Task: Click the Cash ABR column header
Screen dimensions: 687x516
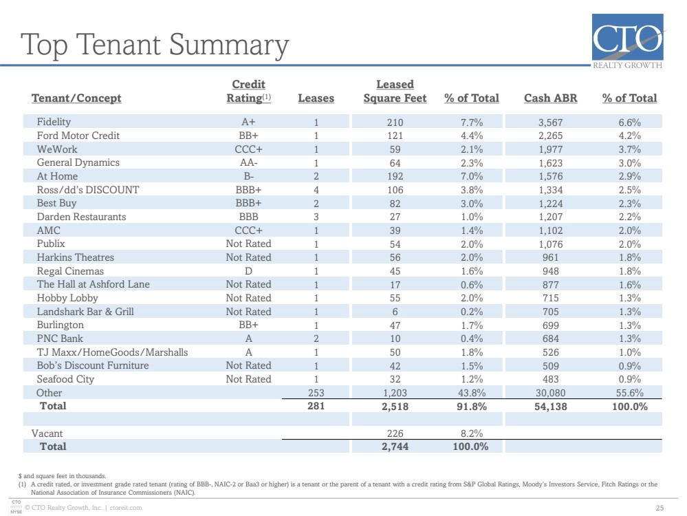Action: click(x=550, y=98)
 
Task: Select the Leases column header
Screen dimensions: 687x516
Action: click(x=316, y=98)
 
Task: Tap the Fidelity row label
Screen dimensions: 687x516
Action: click(x=54, y=122)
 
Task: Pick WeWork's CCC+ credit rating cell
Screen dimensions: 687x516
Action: click(x=248, y=149)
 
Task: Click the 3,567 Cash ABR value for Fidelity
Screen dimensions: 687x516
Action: click(x=550, y=122)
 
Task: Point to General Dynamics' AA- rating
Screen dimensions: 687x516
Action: click(x=248, y=162)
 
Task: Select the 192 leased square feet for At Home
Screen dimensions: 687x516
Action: click(x=395, y=176)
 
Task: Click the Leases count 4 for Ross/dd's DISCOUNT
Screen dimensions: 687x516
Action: click(x=316, y=190)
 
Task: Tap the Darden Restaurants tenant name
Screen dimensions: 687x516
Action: click(x=81, y=217)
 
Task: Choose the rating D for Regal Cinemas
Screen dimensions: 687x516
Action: click(x=248, y=271)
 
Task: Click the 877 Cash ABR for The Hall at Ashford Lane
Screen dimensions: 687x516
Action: click(x=550, y=285)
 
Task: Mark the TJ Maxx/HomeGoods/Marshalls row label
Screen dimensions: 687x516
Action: click(x=112, y=352)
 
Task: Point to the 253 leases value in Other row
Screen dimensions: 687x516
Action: click(x=316, y=393)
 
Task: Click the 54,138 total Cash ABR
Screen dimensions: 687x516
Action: click(x=550, y=407)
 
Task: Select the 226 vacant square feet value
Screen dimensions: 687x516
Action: click(x=395, y=433)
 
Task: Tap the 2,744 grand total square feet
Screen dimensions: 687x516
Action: click(x=395, y=447)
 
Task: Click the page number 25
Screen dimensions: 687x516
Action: click(x=659, y=508)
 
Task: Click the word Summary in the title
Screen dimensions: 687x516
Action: click(x=229, y=45)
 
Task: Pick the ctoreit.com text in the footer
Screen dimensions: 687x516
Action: click(x=126, y=508)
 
